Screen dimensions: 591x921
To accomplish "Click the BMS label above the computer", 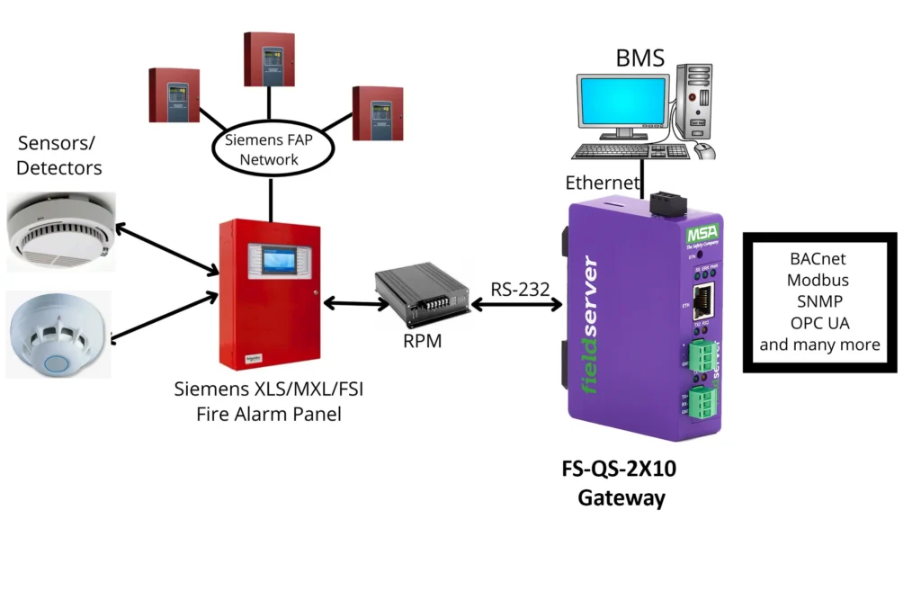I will [x=639, y=59].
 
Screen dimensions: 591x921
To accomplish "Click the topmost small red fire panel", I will [x=270, y=58].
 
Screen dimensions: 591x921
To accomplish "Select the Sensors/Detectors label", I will [x=59, y=156].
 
